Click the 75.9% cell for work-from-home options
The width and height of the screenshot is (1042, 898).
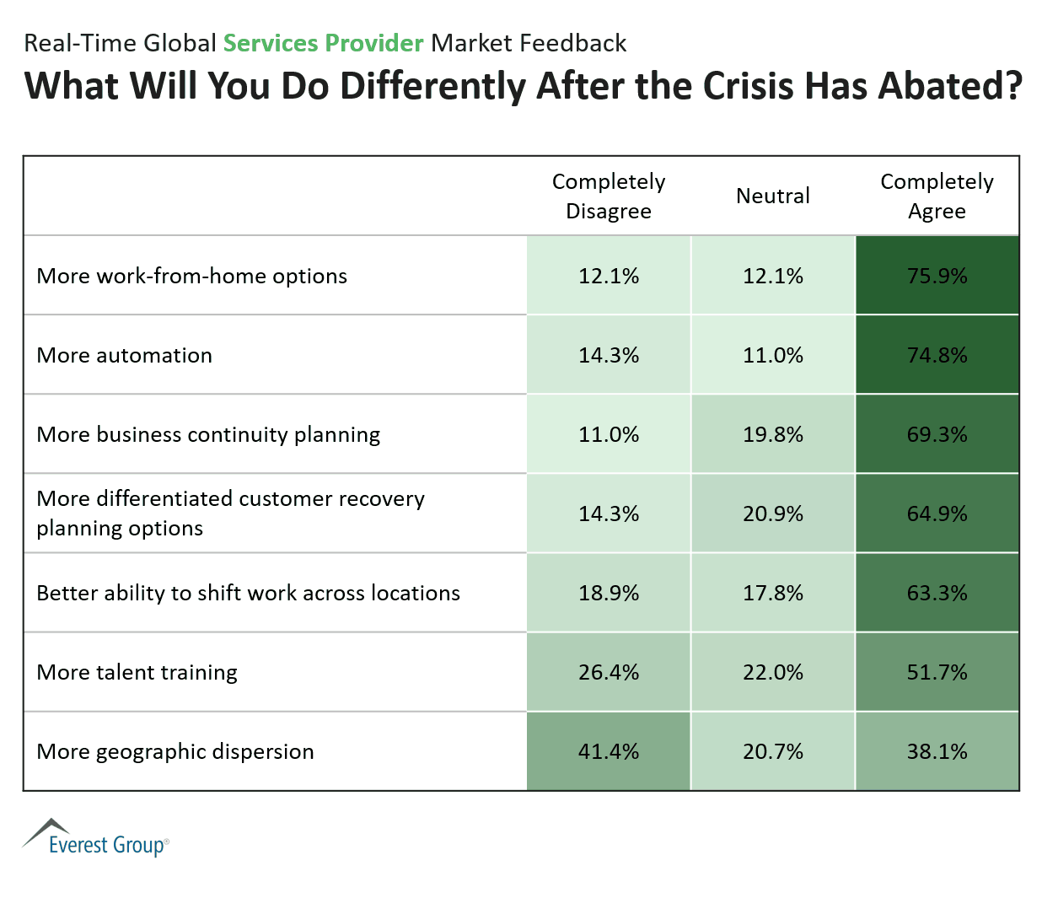click(x=937, y=276)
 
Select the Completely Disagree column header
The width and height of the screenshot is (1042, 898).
click(x=609, y=196)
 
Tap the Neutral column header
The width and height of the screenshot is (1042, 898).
click(x=772, y=196)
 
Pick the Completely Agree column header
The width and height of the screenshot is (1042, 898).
click(x=937, y=196)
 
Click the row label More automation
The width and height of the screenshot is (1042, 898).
click(x=125, y=355)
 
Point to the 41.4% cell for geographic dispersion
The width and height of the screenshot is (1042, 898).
click(x=609, y=751)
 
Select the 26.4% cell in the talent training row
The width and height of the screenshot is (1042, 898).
click(x=609, y=672)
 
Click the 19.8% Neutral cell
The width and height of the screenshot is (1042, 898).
click(x=772, y=434)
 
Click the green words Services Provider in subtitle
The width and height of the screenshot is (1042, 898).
click(x=323, y=43)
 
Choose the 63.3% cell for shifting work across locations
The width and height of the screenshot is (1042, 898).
click(x=937, y=593)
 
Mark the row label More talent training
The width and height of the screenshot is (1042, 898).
click(x=137, y=672)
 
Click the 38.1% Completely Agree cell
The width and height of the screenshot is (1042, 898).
click(x=937, y=751)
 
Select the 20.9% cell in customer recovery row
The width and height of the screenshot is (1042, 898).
click(x=772, y=514)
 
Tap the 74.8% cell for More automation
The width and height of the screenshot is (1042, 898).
click(x=937, y=355)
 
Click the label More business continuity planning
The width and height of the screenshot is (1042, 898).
click(x=208, y=434)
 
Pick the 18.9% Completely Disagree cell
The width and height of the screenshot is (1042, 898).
click(x=609, y=593)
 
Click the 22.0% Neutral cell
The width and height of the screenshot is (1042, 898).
click(x=772, y=672)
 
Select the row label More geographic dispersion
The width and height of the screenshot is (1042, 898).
click(x=175, y=751)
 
